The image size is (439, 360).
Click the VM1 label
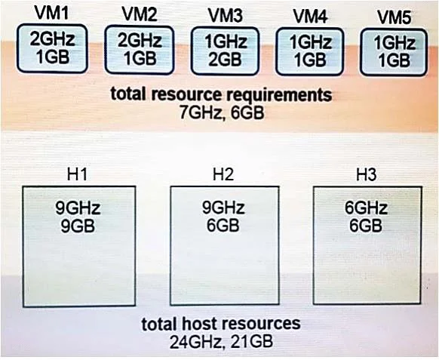52,13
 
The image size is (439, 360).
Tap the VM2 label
140,14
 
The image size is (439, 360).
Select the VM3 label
226,16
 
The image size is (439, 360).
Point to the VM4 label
311,17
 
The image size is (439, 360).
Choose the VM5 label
394,17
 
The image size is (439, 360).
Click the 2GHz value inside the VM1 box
53,39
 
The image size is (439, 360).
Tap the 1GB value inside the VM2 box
140,59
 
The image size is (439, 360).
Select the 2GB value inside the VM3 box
225,60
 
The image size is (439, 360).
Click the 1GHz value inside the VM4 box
311,43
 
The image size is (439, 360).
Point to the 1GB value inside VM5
394,61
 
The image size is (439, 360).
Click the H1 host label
78,174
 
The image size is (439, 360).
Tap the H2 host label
223,174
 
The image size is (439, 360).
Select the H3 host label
367,174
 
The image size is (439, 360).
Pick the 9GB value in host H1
78,226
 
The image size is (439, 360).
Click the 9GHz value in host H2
223,208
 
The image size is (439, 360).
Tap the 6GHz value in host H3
366,208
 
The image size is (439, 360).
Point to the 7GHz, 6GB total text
222,113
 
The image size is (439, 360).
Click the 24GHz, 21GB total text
221,342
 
